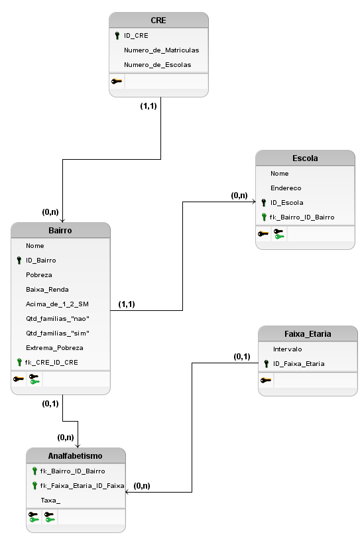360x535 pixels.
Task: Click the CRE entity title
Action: click(158, 21)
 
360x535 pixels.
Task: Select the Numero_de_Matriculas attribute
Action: click(161, 50)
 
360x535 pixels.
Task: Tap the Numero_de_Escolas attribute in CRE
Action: click(157, 64)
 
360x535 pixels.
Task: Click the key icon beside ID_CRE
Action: click(117, 36)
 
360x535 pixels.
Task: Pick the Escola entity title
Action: click(305, 158)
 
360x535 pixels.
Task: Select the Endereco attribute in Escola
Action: click(286, 188)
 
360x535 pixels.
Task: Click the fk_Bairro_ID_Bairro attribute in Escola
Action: click(302, 217)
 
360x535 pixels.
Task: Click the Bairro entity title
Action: click(60, 231)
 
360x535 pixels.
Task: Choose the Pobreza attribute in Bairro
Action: click(39, 274)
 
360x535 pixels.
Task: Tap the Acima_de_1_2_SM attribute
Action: click(57, 304)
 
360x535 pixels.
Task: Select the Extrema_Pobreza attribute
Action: click(54, 347)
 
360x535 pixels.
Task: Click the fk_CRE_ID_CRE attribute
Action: click(52, 362)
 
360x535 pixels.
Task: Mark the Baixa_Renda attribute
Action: click(47, 289)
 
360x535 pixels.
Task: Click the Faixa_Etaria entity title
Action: click(307, 334)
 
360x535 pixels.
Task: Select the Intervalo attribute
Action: click(287, 349)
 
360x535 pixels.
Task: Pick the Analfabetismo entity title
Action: click(76, 456)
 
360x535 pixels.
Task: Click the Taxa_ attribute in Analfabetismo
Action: click(50, 500)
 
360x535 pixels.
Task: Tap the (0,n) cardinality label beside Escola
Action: click(239, 196)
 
